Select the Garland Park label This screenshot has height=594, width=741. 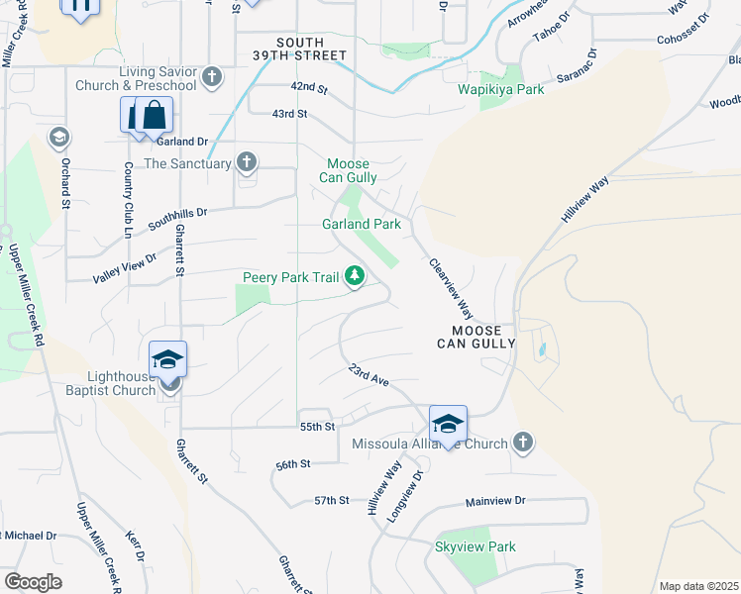(x=362, y=224)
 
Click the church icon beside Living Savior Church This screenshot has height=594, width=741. (x=211, y=77)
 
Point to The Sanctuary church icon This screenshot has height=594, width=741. (x=247, y=162)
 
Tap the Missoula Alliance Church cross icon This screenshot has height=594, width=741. (x=523, y=443)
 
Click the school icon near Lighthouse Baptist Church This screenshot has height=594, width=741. (x=168, y=360)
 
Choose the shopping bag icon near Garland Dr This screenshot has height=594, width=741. (x=154, y=117)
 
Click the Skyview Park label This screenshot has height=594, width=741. (x=476, y=546)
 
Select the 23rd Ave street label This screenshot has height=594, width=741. (x=367, y=375)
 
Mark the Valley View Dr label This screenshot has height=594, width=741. (x=125, y=265)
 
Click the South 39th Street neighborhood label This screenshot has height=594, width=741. (x=312, y=49)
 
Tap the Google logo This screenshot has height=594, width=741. (x=33, y=582)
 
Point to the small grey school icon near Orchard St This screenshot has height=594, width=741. (x=58, y=136)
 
